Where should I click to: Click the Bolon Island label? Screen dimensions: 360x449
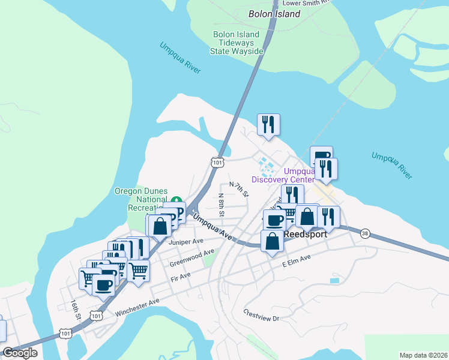274,14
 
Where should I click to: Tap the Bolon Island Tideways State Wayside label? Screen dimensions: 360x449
237,43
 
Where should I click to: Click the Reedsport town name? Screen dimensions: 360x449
306,234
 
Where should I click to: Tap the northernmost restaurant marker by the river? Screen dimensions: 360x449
268,125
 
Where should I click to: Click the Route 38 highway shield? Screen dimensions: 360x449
365,233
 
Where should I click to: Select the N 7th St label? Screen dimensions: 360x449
239,189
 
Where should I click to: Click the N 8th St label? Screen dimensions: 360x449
221,205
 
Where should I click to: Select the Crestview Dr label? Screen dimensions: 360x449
262,316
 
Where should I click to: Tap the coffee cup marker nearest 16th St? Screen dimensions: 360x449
103,284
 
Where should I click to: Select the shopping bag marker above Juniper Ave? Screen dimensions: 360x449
160,227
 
